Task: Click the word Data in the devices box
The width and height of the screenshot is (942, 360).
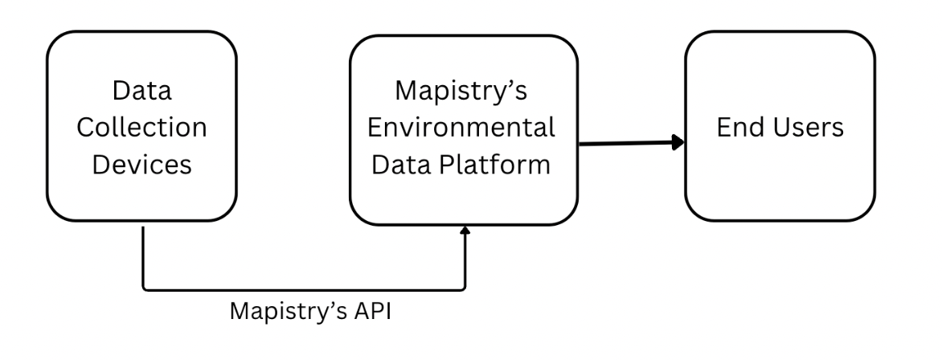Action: [141, 90]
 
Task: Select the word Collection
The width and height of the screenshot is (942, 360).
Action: [141, 128]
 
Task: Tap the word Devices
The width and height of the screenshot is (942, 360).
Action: [141, 165]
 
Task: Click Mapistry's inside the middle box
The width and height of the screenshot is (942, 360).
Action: [463, 90]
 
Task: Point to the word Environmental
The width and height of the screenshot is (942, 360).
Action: [463, 128]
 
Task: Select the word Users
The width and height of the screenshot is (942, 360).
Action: [805, 128]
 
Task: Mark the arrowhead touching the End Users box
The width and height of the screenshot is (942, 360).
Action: [678, 142]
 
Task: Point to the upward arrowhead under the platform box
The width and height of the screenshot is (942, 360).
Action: [465, 231]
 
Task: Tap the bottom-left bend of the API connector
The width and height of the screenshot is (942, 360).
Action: [145, 288]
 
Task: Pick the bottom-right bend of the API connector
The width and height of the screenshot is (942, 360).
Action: [464, 288]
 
